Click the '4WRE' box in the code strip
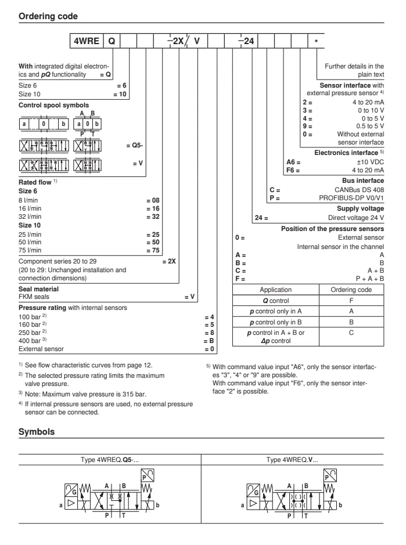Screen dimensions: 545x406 [85, 42]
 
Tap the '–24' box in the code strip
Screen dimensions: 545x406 [245, 42]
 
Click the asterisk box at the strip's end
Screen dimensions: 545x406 [316, 42]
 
